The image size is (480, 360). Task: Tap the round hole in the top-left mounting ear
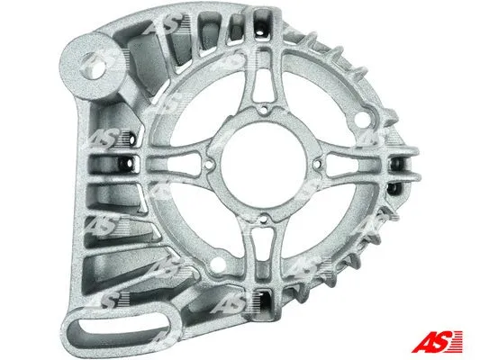(x=93, y=64)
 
